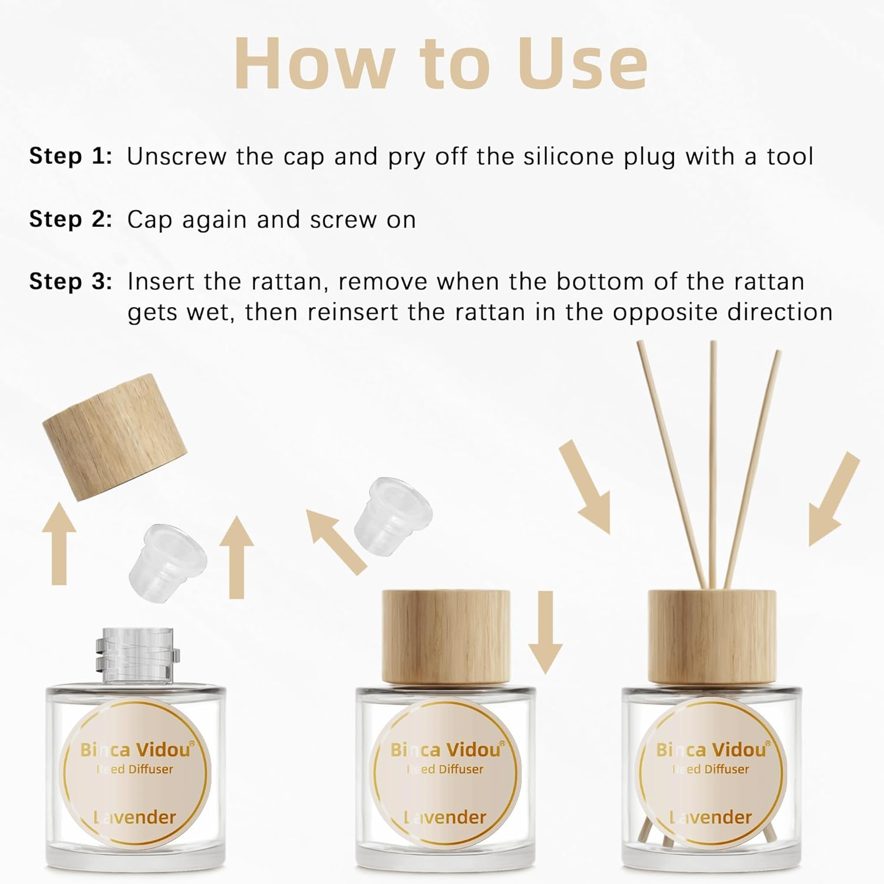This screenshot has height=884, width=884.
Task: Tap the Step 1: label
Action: point(71,156)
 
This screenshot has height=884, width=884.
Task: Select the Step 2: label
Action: point(71,219)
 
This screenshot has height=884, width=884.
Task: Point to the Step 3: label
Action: point(71,282)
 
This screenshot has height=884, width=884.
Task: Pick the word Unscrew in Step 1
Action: point(177,156)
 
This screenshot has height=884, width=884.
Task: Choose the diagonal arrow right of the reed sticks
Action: point(833,499)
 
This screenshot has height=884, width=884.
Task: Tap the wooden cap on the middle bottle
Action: point(446,639)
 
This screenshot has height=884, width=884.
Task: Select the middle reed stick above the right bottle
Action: point(713,466)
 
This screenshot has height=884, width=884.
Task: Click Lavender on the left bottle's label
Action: point(135,817)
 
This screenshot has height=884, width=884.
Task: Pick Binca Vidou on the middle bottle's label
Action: point(447,749)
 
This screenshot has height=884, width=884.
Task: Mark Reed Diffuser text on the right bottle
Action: point(710,769)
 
